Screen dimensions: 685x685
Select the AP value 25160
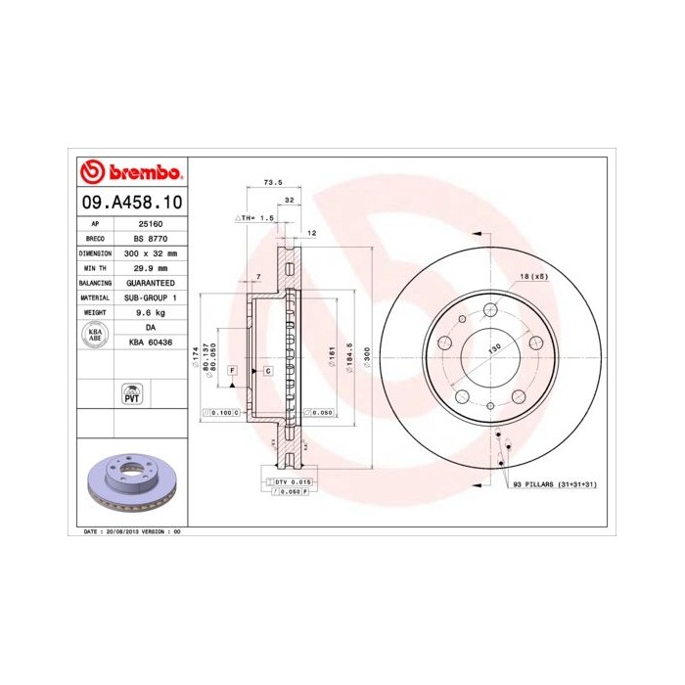pos(150,223)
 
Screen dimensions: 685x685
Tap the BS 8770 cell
pos(150,238)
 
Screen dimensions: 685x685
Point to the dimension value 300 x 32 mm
pos(150,252)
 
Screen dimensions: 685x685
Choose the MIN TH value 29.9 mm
pos(150,267)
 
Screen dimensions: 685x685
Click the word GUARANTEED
pos(150,282)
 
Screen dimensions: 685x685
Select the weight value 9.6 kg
pos(150,312)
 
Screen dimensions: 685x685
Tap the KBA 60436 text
pos(150,342)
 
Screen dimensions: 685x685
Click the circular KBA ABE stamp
pos(96,335)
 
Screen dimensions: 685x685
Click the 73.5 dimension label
pos(273,182)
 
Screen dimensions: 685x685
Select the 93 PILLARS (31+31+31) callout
pos(554,484)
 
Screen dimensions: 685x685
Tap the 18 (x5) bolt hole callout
pos(533,278)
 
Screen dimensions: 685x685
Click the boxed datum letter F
pos(233,371)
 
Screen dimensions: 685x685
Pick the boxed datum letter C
pos(267,371)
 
